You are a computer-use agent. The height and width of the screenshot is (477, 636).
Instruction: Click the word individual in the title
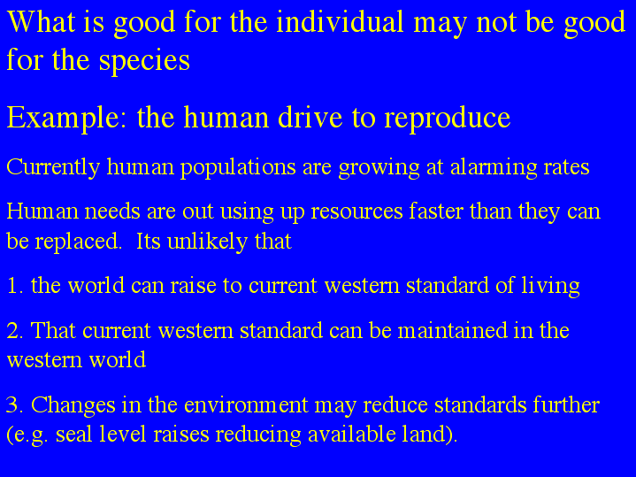click(340, 21)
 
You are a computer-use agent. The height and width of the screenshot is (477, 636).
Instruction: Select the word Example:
click(67, 119)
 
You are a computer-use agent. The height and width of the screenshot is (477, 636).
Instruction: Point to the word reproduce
click(447, 119)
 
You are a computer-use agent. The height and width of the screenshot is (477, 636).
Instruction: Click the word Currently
click(53, 167)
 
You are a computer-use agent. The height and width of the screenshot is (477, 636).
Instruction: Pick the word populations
click(238, 167)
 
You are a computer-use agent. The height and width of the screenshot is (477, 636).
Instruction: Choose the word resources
click(357, 212)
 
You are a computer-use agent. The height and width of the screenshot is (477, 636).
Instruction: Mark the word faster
click(436, 211)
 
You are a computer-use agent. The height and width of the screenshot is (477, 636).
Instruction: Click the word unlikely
click(207, 242)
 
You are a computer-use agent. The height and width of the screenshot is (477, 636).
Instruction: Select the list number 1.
click(15, 285)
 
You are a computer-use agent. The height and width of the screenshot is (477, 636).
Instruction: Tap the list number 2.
click(15, 330)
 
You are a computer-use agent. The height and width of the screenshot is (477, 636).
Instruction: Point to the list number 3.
click(15, 405)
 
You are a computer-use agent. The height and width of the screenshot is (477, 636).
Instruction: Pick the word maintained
click(453, 330)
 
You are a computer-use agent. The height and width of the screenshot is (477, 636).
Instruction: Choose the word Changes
click(73, 405)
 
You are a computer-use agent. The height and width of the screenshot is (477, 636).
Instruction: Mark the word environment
click(246, 405)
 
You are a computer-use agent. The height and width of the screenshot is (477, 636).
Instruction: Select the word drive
click(310, 118)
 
